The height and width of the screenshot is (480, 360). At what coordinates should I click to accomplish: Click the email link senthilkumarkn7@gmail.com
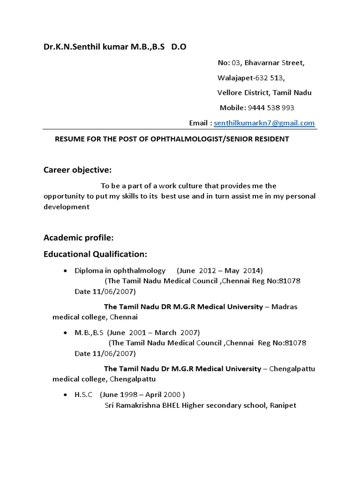(x=264, y=123)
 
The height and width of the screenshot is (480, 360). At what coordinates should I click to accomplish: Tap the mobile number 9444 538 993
(x=271, y=108)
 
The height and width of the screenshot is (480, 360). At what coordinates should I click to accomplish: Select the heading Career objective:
(x=77, y=169)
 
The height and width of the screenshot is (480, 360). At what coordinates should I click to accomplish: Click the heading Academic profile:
(x=79, y=238)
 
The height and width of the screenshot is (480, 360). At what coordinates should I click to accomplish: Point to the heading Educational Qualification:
(x=95, y=254)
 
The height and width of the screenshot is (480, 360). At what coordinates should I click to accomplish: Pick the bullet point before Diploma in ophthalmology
(x=65, y=271)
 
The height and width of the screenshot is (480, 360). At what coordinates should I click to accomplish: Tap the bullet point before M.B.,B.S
(x=65, y=333)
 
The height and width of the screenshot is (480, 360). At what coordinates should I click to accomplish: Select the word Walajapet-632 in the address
(x=247, y=78)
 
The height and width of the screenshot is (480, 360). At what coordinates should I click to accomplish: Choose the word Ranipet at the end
(x=283, y=405)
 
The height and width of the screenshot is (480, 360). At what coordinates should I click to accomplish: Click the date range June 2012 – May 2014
(x=220, y=270)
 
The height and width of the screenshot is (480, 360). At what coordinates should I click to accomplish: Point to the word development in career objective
(x=66, y=207)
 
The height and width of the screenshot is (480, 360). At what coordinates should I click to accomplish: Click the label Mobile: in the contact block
(x=232, y=108)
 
